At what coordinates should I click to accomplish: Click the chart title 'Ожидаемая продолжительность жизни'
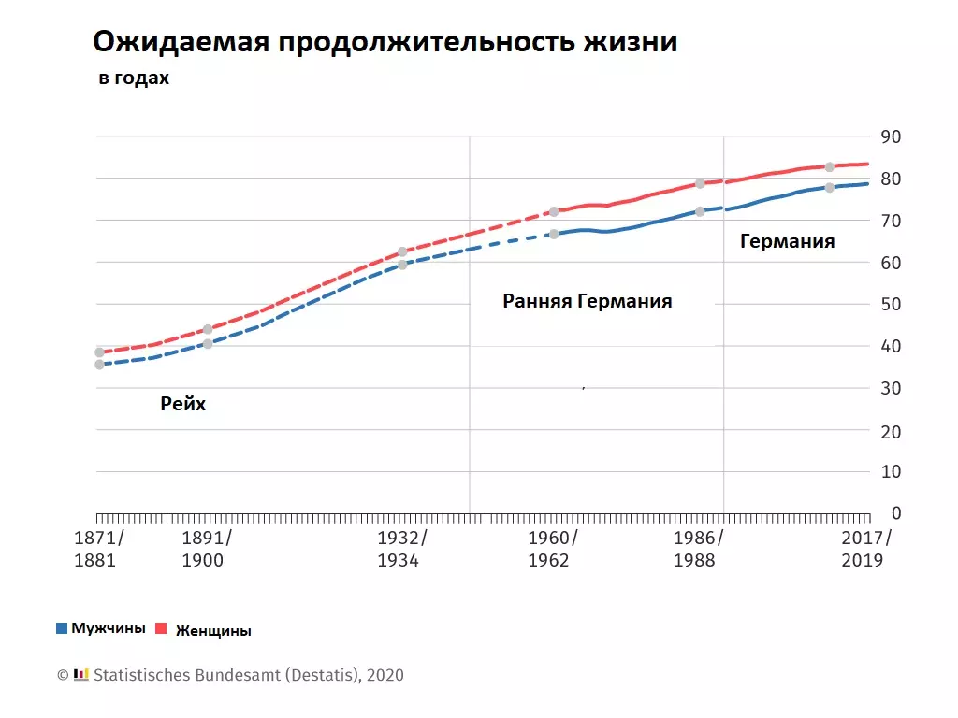[x=385, y=43]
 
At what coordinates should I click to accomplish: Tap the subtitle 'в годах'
[x=134, y=79]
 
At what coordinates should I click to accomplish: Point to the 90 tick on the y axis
[x=891, y=137]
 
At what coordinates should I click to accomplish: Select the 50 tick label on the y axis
[x=891, y=305]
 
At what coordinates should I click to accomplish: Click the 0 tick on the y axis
[x=895, y=513]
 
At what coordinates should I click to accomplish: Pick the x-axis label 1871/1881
[x=99, y=549]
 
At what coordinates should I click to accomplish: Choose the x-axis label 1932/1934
[x=402, y=549]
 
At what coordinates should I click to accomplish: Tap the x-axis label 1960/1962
[x=553, y=549]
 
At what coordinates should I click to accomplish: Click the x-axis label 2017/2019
[x=867, y=549]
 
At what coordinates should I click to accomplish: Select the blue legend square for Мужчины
[x=62, y=628]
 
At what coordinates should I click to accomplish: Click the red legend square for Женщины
[x=159, y=629]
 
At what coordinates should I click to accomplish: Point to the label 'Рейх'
[x=183, y=404]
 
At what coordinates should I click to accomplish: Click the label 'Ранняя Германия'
[x=588, y=301]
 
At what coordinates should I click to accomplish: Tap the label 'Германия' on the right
[x=787, y=241]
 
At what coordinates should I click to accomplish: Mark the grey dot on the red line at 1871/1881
[x=99, y=352]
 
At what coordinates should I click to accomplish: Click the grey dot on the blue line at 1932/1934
[x=402, y=265]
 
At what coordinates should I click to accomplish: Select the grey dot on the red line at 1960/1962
[x=554, y=211]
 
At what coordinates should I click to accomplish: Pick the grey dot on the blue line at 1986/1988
[x=700, y=211]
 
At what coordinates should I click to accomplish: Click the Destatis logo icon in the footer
[x=81, y=674]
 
